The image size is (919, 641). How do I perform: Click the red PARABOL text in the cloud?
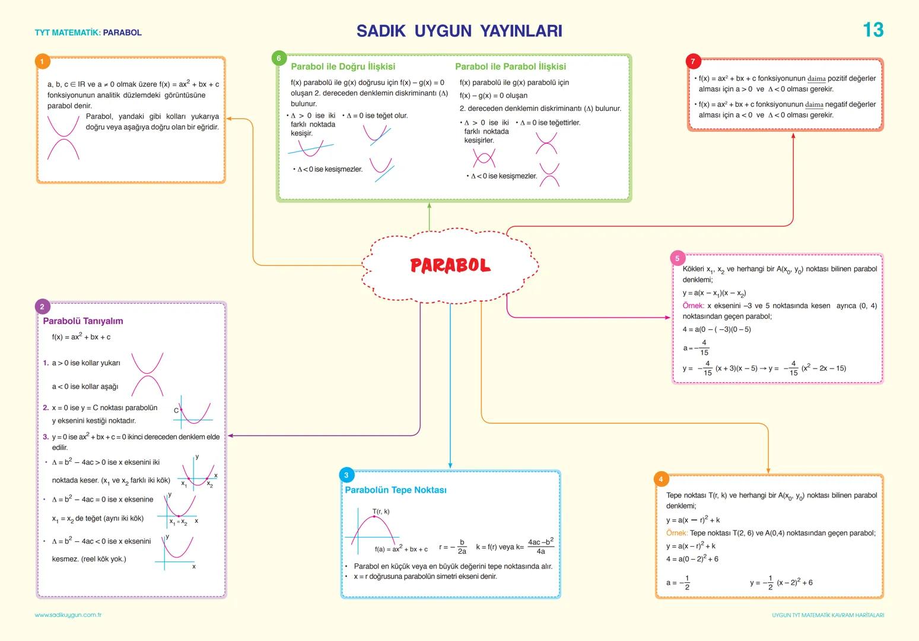[x=450, y=265]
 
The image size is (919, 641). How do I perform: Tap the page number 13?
[x=873, y=30]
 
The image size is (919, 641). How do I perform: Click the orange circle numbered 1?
[x=42, y=61]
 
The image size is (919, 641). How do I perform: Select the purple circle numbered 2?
[x=42, y=306]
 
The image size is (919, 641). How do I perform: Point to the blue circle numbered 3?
[x=346, y=474]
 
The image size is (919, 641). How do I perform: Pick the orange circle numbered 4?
[x=660, y=479]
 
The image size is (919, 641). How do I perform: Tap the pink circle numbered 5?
[x=677, y=258]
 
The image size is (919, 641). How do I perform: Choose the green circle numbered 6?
[x=279, y=58]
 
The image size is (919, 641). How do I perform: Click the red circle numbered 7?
[x=693, y=61]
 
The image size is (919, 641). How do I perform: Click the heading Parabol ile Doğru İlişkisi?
[x=343, y=66]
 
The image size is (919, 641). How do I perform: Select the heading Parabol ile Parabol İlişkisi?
[x=510, y=66]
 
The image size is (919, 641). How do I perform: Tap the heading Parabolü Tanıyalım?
[x=83, y=321]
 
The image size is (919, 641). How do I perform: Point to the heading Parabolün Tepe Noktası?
[x=396, y=490]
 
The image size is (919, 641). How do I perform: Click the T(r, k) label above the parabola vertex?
[x=381, y=511]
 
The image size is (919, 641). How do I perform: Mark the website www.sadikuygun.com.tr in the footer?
[x=68, y=615]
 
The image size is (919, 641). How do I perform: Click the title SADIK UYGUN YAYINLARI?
[x=459, y=31]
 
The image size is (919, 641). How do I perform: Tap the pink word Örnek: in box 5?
[x=693, y=306]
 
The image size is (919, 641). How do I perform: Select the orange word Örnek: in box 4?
[x=676, y=533]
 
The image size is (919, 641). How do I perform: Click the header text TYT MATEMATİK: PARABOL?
[x=88, y=33]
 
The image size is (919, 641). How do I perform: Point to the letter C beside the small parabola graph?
[x=176, y=410]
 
